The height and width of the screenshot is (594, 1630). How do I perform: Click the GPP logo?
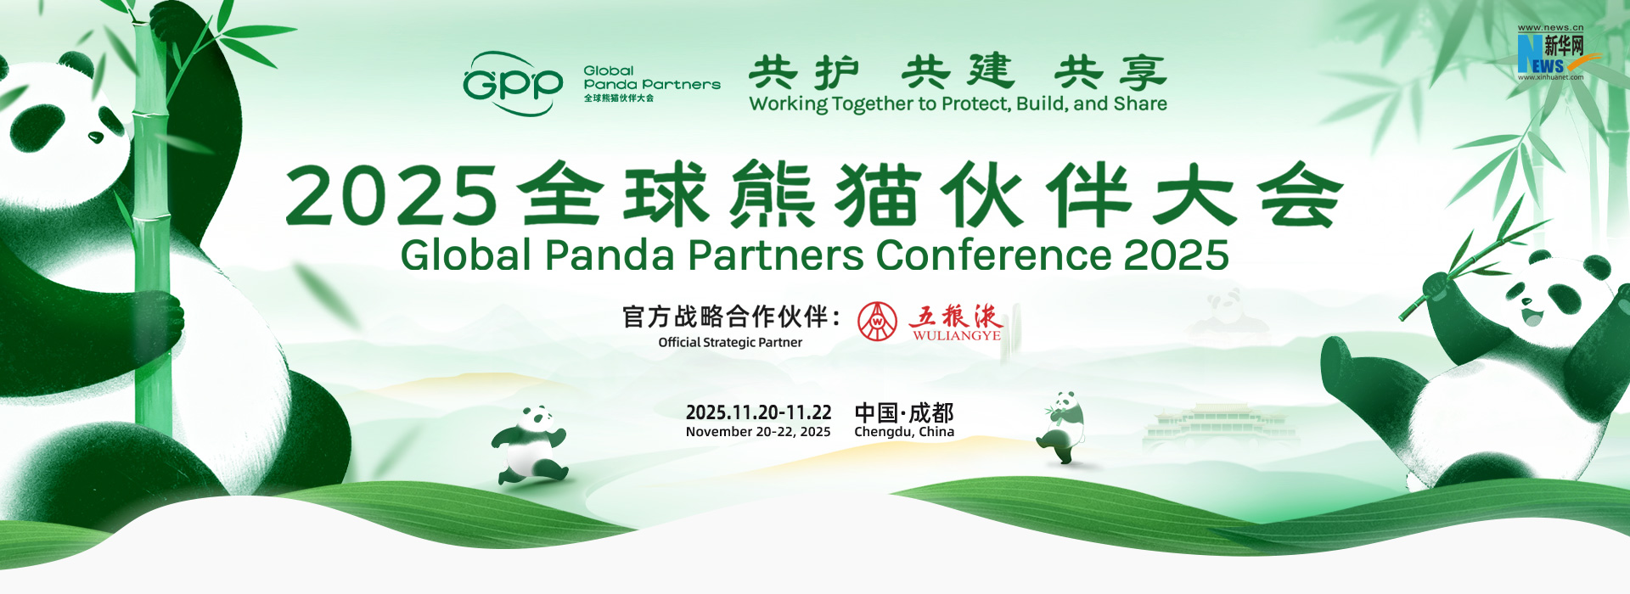(513, 83)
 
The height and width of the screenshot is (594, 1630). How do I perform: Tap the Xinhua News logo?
(1550, 53)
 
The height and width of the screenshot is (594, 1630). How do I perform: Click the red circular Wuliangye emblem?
(877, 322)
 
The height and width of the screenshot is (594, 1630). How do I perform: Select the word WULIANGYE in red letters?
(957, 335)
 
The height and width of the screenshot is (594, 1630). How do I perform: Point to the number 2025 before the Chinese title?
(391, 195)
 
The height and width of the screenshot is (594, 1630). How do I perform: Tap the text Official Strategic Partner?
(730, 343)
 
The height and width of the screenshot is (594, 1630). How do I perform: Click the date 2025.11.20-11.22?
(758, 412)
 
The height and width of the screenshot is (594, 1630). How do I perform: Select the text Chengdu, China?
(904, 432)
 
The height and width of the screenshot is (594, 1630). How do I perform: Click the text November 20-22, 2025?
(758, 432)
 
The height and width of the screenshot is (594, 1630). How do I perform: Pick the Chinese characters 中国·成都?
(904, 412)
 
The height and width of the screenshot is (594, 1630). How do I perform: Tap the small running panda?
(529, 444)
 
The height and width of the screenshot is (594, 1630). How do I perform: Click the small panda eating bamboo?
(1061, 427)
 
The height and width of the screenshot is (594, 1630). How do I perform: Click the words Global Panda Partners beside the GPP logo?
(651, 78)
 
